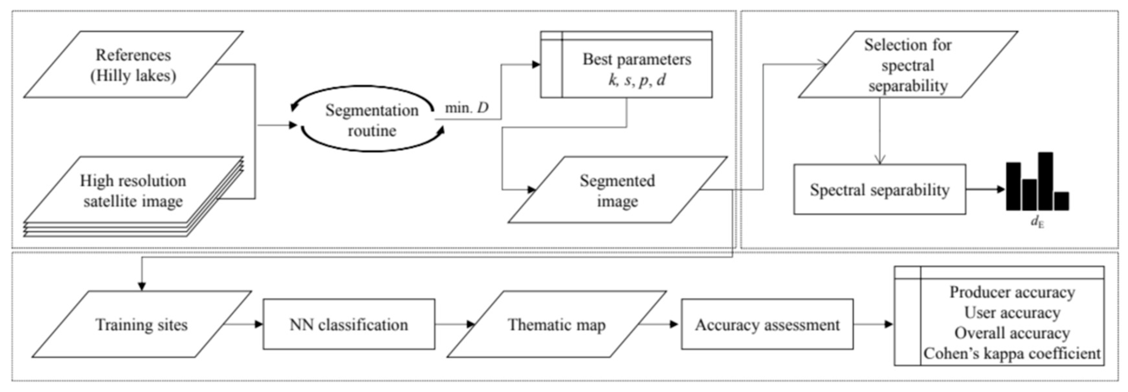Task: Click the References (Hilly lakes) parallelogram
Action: [x=133, y=65]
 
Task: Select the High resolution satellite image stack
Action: [x=133, y=192]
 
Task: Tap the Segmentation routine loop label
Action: [x=371, y=120]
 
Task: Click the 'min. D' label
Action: [x=466, y=108]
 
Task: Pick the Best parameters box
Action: [x=636, y=69]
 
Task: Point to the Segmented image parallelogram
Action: [x=618, y=190]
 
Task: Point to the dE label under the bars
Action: [x=1037, y=222]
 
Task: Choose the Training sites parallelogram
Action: [x=142, y=325]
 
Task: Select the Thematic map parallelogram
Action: [x=557, y=325]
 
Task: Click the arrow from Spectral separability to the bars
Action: [x=985, y=189]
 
